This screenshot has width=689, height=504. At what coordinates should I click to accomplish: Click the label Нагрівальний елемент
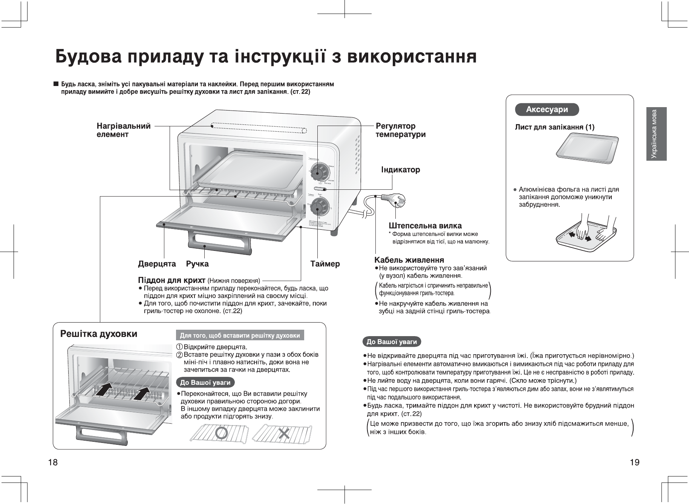(x=123, y=130)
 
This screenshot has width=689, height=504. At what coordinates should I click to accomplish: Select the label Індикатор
(x=401, y=170)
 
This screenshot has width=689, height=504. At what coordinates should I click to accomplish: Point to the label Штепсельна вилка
(x=425, y=226)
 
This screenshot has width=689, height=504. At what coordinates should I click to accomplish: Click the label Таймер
(x=325, y=264)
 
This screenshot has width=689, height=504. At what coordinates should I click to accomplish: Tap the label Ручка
(x=197, y=264)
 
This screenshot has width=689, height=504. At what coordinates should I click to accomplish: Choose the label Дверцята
(x=157, y=264)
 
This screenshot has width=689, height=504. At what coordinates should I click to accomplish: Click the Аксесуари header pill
(x=547, y=110)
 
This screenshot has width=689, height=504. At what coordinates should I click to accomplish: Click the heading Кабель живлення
(x=409, y=260)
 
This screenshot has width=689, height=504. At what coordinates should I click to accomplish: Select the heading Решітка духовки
(x=99, y=334)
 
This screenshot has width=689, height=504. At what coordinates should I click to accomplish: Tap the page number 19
(x=634, y=462)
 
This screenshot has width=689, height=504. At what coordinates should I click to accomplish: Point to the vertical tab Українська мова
(x=656, y=134)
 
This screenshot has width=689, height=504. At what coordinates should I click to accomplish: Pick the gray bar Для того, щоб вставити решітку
(x=240, y=335)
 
